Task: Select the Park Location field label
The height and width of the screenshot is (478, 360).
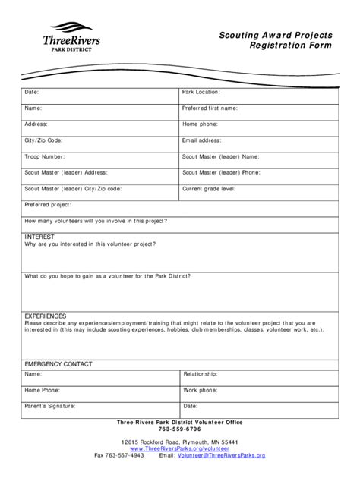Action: [201, 92]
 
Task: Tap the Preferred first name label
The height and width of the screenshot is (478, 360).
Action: [210, 108]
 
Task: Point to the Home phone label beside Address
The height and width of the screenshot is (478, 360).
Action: [200, 124]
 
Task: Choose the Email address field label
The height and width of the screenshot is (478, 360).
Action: [201, 140]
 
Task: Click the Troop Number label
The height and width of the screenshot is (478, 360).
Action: [44, 156]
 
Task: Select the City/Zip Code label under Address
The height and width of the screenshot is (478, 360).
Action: [43, 140]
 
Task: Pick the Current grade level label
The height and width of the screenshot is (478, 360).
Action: [209, 188]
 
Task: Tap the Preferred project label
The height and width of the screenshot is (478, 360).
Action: [48, 205]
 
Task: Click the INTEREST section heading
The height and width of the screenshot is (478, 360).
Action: [39, 237]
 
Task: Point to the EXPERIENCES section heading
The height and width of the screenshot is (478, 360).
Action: [46, 316]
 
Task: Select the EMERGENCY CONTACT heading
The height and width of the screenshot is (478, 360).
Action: [58, 364]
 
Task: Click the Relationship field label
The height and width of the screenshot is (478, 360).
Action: [200, 374]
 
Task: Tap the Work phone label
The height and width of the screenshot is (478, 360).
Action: [199, 390]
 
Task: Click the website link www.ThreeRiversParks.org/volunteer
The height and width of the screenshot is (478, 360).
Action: [180, 448]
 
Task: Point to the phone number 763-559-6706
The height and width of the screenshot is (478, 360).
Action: [180, 429]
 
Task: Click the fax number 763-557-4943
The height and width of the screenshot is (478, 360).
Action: [127, 455]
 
